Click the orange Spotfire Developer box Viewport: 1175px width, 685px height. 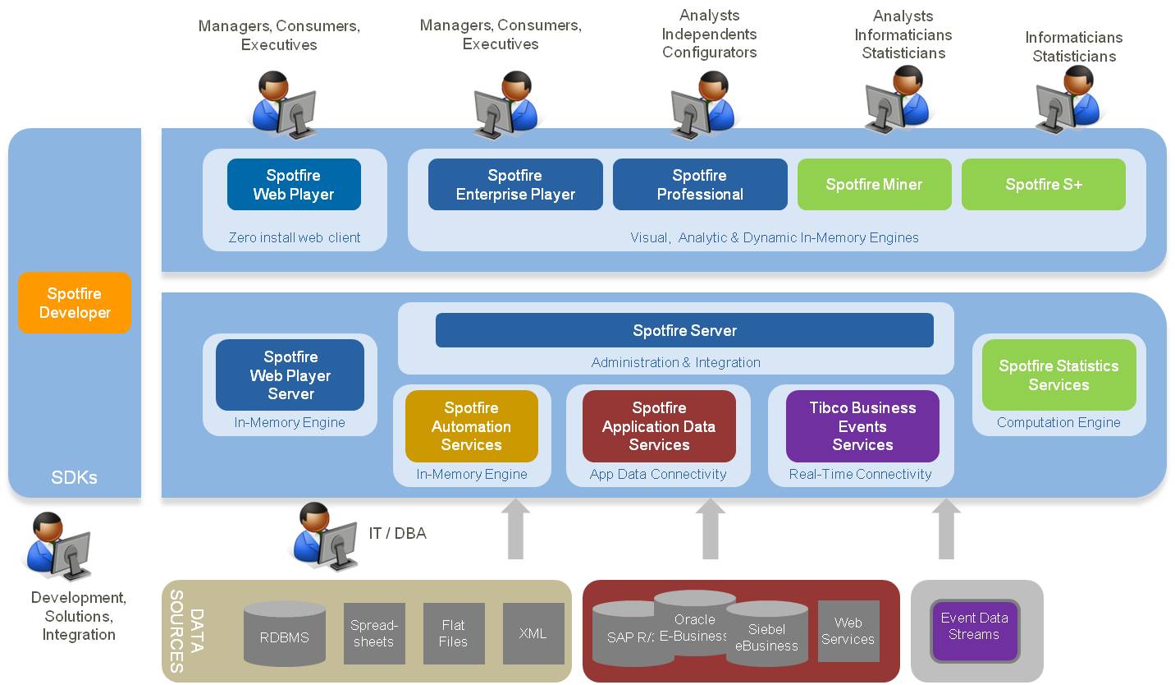pos(75,303)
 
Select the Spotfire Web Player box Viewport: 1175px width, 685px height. pos(294,185)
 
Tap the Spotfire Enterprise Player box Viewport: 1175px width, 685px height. pos(515,185)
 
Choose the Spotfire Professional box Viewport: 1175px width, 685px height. pos(700,185)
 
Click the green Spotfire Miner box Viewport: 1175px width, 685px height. pos(874,185)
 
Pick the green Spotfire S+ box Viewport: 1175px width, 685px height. pos(1044,185)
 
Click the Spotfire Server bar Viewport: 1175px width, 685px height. pos(684,330)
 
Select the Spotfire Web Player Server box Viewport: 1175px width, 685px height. pos(290,375)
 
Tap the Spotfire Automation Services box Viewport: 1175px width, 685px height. pos(472,426)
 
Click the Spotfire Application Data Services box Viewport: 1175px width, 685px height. pos(659,426)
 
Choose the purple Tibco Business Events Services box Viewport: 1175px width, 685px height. pos(862,426)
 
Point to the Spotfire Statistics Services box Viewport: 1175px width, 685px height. pos(1058,375)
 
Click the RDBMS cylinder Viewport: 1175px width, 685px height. pos(284,633)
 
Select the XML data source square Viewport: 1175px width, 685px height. pos(533,633)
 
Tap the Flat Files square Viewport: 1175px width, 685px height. pos(454,633)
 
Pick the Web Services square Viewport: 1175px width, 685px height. pos(848,631)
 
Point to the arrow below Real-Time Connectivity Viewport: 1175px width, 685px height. pos(946,530)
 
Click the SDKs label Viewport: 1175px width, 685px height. pos(75,477)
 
